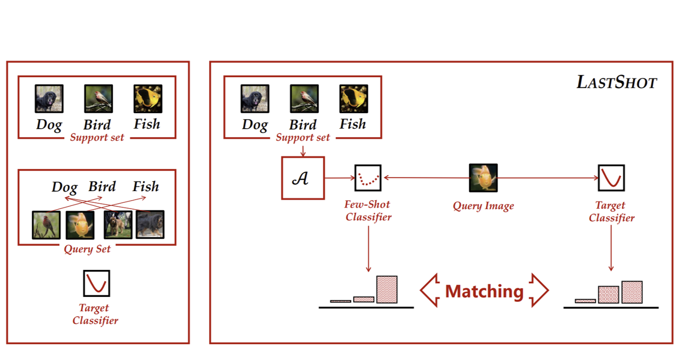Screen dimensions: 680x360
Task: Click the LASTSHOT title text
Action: click(616, 82)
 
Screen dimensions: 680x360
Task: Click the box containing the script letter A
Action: click(303, 178)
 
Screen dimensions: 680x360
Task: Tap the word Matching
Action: click(484, 291)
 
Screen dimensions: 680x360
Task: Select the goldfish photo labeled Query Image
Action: click(483, 178)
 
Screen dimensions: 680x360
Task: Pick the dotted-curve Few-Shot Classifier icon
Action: click(368, 178)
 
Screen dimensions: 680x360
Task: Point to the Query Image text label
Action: click(483, 206)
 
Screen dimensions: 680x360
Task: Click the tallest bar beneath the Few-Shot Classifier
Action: click(387, 290)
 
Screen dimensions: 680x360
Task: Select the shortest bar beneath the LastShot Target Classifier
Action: click(585, 301)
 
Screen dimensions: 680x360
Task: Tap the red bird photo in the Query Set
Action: click(46, 225)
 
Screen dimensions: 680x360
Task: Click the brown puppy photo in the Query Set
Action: click(118, 225)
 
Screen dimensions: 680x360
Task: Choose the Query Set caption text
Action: click(87, 249)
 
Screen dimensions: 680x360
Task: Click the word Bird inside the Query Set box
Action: click(102, 186)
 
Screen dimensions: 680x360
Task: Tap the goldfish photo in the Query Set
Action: click(80, 225)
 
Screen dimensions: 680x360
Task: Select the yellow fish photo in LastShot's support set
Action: click(353, 98)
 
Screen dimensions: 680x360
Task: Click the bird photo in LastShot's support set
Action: click(304, 98)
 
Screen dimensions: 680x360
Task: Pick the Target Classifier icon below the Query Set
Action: click(96, 283)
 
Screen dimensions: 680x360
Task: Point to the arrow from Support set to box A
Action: click(303, 151)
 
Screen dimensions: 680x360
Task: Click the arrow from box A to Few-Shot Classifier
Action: click(340, 178)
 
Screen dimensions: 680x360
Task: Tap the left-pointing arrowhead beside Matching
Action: click(430, 290)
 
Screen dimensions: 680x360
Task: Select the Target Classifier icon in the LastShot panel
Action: click(611, 178)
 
